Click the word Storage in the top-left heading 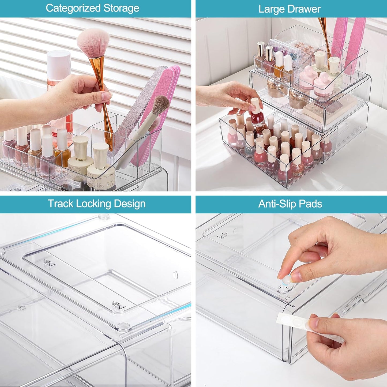(121, 8)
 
